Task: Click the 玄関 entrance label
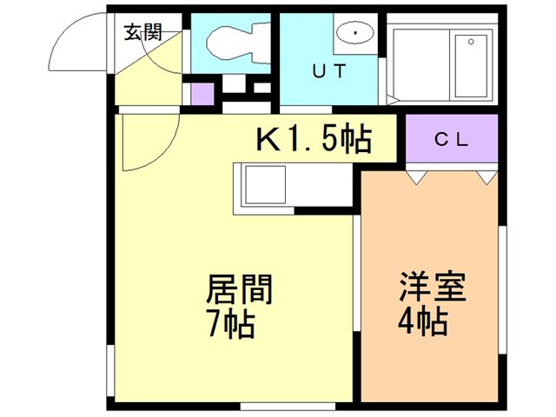coord(142,32)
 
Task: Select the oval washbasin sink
coord(355,33)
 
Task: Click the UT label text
coord(329,71)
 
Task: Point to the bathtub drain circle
coord(471,42)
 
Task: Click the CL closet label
coord(452,140)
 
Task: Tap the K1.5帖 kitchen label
coord(314,138)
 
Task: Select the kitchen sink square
coord(266,185)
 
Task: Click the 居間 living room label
coord(239,289)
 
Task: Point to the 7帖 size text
coord(231,324)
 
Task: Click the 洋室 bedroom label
coord(433,287)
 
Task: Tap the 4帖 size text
coord(423,321)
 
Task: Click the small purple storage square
coord(202,94)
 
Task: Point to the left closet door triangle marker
coord(416,177)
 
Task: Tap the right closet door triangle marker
coord(486,177)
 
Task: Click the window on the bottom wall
coord(288,407)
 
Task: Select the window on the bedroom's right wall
coord(502,289)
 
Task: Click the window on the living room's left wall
coord(110,370)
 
